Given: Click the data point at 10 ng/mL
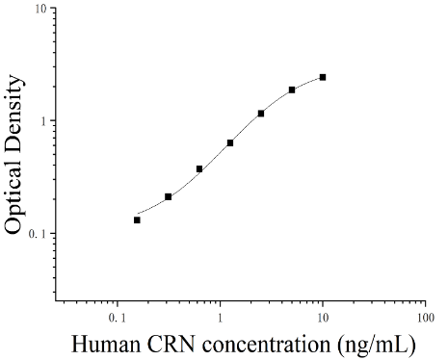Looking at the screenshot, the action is (323, 77).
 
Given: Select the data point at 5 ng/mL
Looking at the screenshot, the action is (292, 90).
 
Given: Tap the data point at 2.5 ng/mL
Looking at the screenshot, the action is (261, 114).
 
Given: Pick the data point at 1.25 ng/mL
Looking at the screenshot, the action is (230, 142).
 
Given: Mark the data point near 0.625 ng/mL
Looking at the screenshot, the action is (199, 169).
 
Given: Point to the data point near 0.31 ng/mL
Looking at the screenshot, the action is (169, 196).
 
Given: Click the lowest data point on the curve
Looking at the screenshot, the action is (137, 220).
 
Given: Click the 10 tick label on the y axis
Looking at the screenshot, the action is (41, 9).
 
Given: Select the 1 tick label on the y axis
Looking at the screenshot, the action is (44, 121).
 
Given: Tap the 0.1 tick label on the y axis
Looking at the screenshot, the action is (38, 234).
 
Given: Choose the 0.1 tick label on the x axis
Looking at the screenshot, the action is (118, 318).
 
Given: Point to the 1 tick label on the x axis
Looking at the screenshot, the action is (220, 318).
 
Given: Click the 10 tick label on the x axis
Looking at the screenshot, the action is (323, 318).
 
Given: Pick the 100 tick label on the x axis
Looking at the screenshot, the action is (426, 318).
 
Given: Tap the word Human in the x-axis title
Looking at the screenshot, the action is (106, 345).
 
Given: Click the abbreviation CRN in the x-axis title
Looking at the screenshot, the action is (171, 345).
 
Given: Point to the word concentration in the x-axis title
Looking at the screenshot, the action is (266, 345).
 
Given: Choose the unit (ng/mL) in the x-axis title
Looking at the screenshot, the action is (377, 346).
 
